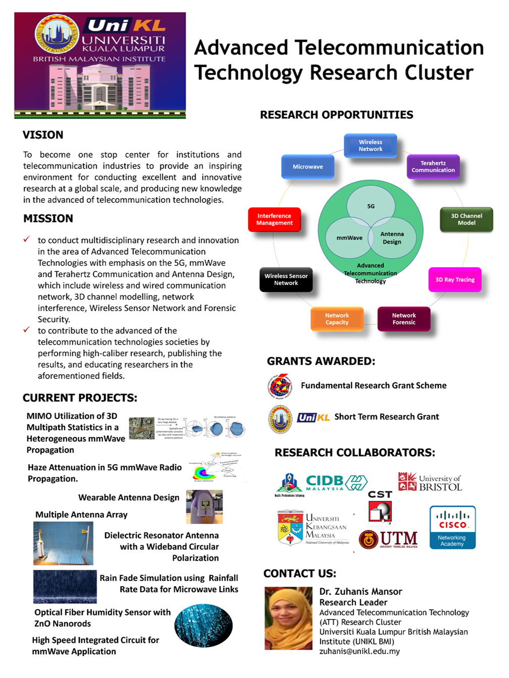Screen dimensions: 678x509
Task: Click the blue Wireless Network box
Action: point(370,146)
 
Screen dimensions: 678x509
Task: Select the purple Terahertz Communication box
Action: point(433,167)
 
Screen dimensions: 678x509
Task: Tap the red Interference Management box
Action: point(274,219)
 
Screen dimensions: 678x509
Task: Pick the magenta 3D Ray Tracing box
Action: point(454,279)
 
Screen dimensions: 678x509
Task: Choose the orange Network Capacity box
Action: point(337,319)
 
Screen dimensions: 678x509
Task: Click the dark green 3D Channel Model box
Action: point(466,219)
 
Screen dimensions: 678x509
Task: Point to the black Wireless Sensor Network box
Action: point(286,279)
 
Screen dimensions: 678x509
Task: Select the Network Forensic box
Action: point(403,319)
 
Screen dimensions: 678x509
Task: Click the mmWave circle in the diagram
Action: point(349,238)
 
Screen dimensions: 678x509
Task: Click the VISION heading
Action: point(43,135)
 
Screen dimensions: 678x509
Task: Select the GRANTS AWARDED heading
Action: point(321,361)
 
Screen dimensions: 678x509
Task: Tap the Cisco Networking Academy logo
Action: point(452,527)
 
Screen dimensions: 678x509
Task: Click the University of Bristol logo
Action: point(430,482)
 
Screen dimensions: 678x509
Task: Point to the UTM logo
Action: point(388,539)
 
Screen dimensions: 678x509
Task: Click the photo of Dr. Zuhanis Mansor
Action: point(288,618)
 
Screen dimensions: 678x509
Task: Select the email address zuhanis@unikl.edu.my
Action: point(359,651)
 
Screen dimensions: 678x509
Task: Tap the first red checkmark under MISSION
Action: point(27,240)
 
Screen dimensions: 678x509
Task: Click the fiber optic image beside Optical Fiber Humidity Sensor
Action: point(203,626)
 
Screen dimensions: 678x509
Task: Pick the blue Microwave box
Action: point(308,167)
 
